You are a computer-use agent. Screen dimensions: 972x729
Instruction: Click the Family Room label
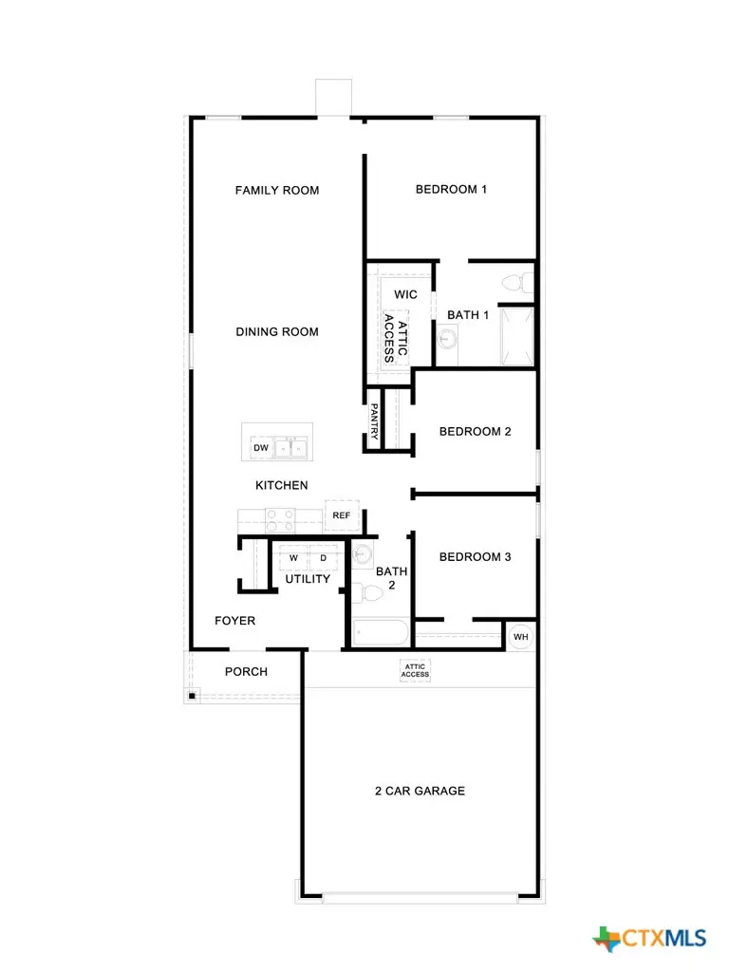pyautogui.click(x=277, y=191)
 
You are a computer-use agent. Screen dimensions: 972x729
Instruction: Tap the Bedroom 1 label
pyautogui.click(x=451, y=190)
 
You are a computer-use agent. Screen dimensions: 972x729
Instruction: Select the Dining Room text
pyautogui.click(x=277, y=332)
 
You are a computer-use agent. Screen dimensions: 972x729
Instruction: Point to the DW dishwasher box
pyautogui.click(x=260, y=447)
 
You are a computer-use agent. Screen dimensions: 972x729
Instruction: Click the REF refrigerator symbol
pyautogui.click(x=341, y=515)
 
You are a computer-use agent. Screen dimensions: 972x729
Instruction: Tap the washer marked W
pyautogui.click(x=293, y=557)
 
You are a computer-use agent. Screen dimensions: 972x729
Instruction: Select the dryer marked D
pyautogui.click(x=323, y=557)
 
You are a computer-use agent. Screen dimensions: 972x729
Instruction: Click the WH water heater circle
pyautogui.click(x=521, y=636)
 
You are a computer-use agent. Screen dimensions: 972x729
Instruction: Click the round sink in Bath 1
pyautogui.click(x=448, y=337)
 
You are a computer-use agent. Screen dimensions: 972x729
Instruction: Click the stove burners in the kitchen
pyautogui.click(x=281, y=519)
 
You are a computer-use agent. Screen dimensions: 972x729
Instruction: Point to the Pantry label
pyautogui.click(x=374, y=421)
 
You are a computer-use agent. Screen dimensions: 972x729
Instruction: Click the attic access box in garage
pyautogui.click(x=416, y=671)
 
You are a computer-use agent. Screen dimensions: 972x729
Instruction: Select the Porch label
pyautogui.click(x=246, y=672)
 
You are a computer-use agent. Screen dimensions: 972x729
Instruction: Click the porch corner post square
pyautogui.click(x=192, y=697)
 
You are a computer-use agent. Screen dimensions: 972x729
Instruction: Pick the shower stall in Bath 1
pyautogui.click(x=518, y=335)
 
